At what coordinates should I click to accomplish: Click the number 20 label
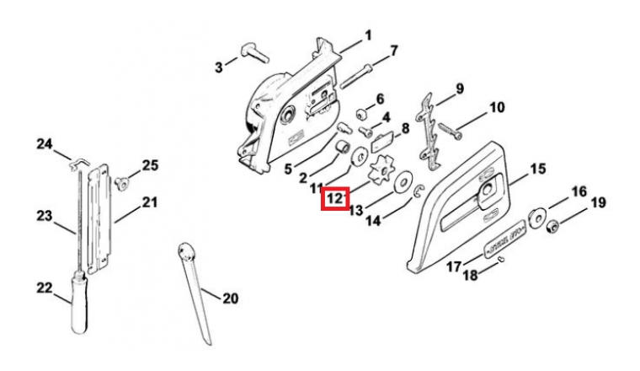coord(230,298)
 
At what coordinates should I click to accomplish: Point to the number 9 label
coord(460,89)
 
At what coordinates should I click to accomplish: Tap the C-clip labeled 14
coord(419,196)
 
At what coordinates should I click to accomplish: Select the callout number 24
coord(44,144)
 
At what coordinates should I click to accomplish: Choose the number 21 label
coord(150,202)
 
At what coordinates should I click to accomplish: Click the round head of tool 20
coord(186,250)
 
